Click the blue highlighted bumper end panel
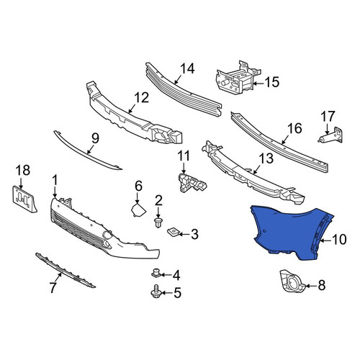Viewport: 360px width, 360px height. (288, 232)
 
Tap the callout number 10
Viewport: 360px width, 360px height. (339, 240)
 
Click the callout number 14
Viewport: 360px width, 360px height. (187, 68)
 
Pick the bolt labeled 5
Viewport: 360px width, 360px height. (156, 291)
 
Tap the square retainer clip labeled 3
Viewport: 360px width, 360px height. (173, 231)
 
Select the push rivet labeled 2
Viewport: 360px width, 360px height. (158, 222)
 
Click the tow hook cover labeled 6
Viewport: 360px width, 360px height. (138, 210)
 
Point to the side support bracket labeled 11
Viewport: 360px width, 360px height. (192, 184)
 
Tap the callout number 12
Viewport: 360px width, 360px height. (142, 97)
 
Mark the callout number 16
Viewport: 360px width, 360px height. (295, 128)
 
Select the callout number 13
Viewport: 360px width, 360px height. (266, 158)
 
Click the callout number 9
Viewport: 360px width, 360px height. (95, 139)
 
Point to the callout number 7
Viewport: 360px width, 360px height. (53, 288)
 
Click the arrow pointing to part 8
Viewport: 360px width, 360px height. (311, 286)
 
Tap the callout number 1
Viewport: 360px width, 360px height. (55, 180)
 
